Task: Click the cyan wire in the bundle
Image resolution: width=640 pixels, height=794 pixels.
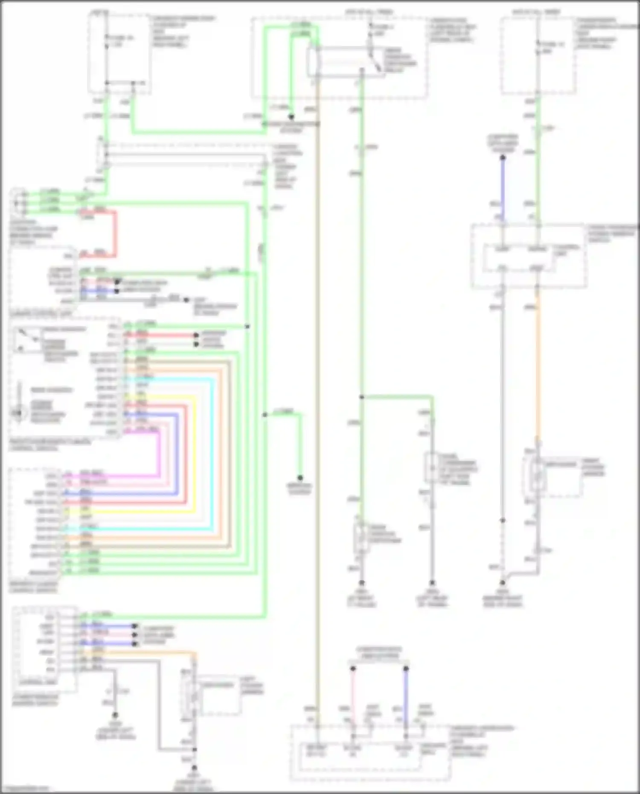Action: [212, 452]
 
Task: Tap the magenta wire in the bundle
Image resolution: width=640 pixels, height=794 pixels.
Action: [160, 452]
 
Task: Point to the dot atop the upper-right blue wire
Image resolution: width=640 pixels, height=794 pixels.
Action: [503, 158]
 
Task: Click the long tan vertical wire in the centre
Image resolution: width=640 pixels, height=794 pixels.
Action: [317, 384]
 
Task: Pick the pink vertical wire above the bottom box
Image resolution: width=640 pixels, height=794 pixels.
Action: [353, 700]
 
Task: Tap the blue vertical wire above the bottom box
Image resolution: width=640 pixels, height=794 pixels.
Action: [406, 700]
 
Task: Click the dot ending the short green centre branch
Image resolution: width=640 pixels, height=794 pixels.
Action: [300, 478]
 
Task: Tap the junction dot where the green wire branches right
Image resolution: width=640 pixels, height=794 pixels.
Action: [361, 397]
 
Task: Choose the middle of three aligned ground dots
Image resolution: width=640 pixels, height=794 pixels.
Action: [432, 582]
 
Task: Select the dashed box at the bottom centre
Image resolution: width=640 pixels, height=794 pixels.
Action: [370, 753]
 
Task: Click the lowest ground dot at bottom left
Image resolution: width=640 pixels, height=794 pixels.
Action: [194, 773]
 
